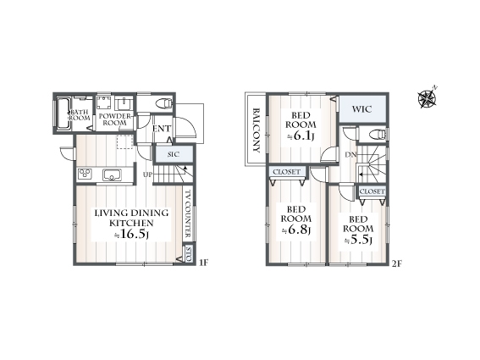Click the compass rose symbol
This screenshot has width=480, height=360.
click(x=428, y=98)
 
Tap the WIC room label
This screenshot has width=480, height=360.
click(x=361, y=109)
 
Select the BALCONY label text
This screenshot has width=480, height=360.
click(x=257, y=130)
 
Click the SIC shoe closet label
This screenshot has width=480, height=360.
click(x=174, y=154)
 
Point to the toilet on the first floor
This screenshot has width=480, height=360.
click(x=164, y=103)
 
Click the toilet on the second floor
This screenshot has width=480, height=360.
click(x=378, y=135)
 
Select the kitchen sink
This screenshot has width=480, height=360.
click(x=112, y=175)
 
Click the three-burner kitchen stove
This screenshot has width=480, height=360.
click(x=85, y=174)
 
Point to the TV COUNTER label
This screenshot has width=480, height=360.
click(x=188, y=213)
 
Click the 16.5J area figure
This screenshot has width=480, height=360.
click(x=131, y=235)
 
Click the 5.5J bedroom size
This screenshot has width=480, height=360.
click(x=358, y=240)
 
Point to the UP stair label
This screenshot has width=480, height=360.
click(x=147, y=175)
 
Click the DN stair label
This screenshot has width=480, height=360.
click(x=350, y=155)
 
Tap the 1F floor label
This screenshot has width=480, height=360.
click(x=203, y=263)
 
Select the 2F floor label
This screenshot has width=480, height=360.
click(x=396, y=263)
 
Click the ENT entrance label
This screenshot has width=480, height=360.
click(x=162, y=129)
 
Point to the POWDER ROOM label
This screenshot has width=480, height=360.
click(x=115, y=119)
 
